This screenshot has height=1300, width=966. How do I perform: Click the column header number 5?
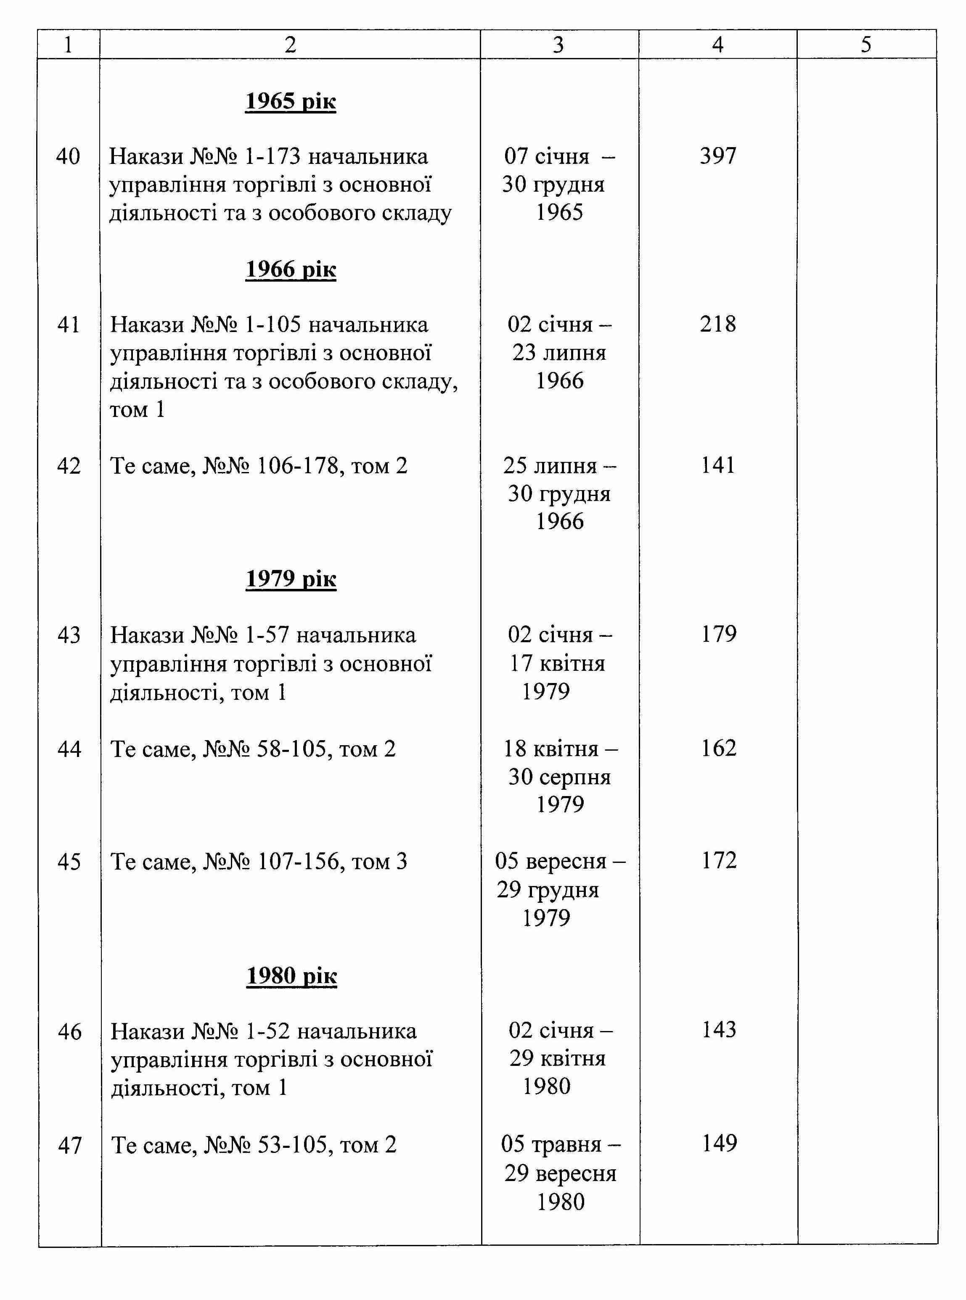tap(866, 45)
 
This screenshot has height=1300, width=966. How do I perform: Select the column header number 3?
tap(558, 45)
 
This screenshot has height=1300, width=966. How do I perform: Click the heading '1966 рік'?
tap(291, 269)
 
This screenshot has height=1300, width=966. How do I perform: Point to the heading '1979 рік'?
tap(291, 578)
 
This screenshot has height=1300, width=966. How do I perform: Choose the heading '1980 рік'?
tap(291, 976)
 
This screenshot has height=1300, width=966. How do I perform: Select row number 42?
tap(69, 466)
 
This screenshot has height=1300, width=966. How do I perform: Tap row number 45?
tap(69, 862)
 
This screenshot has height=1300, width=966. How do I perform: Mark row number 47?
tap(69, 1145)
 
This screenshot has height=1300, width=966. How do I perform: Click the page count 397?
tap(717, 156)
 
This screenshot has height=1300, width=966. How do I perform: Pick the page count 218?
tap(717, 324)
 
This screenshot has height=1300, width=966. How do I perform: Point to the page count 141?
tap(717, 466)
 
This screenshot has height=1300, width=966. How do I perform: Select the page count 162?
tap(719, 748)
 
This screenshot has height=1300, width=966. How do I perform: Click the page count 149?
tap(719, 1143)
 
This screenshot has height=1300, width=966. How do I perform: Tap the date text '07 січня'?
tap(546, 157)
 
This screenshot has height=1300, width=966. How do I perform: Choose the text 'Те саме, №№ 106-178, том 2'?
tap(259, 466)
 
